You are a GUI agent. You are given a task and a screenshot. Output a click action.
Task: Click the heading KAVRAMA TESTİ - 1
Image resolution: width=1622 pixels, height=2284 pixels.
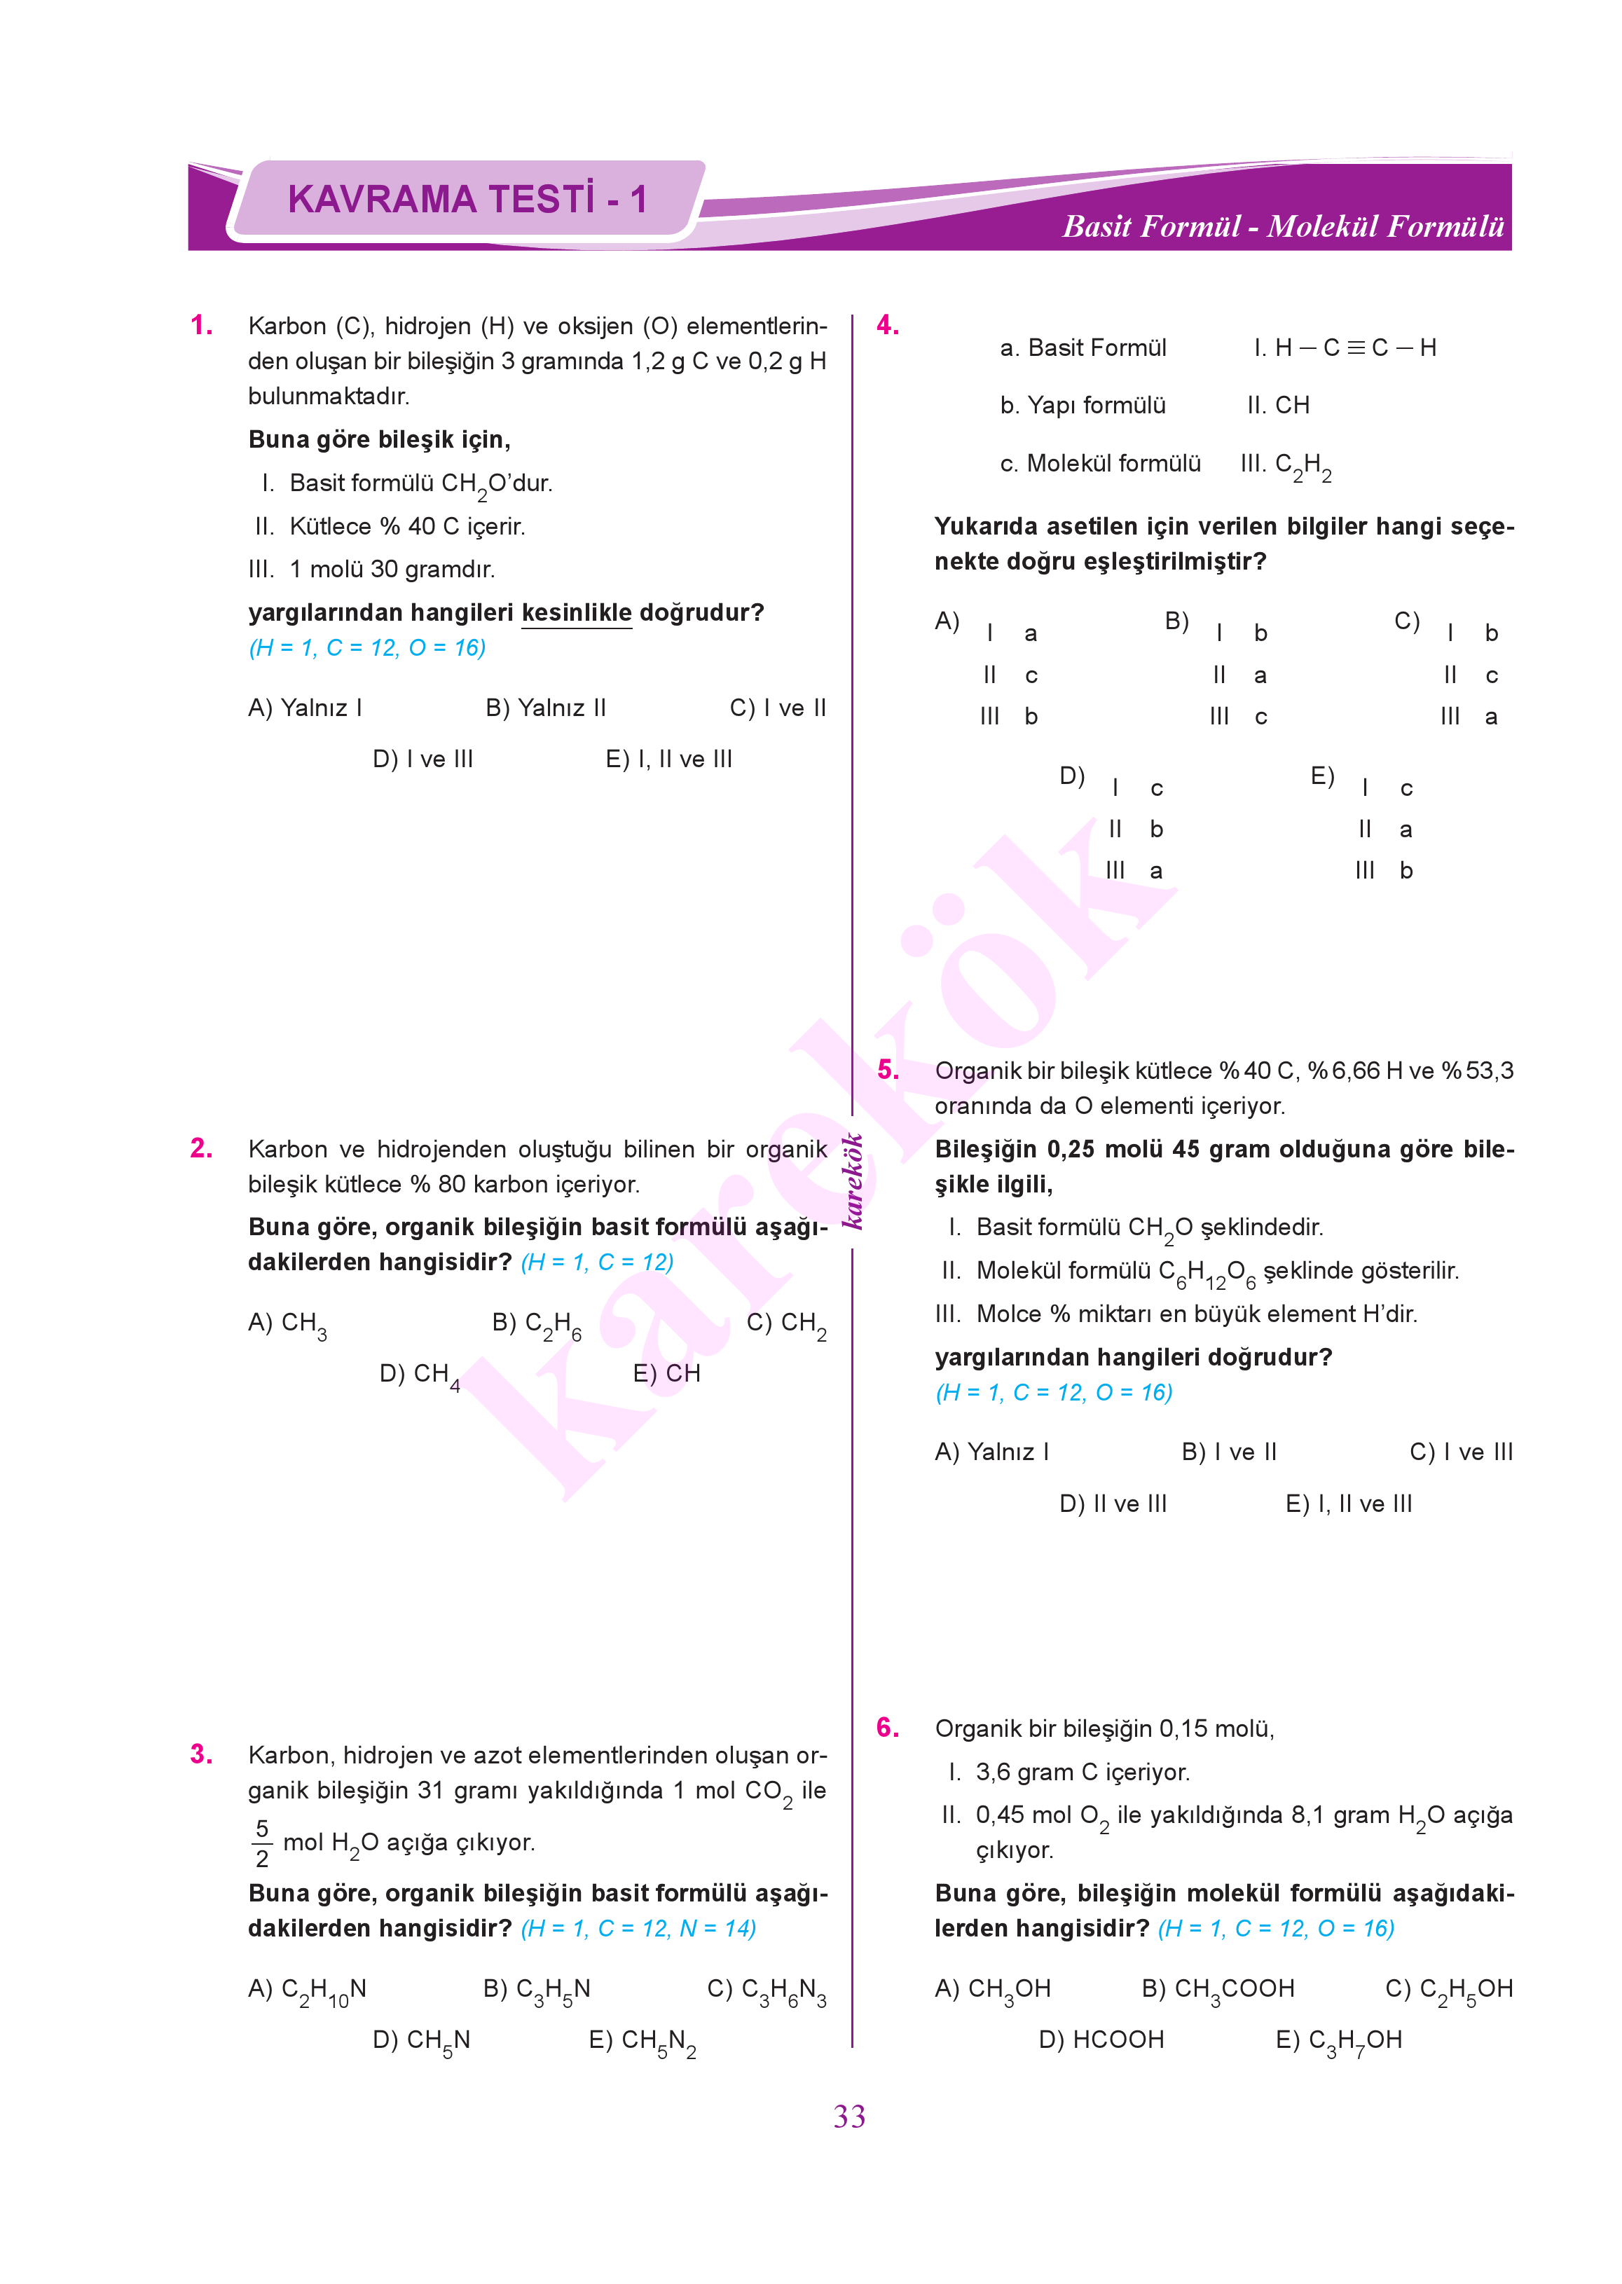click(467, 199)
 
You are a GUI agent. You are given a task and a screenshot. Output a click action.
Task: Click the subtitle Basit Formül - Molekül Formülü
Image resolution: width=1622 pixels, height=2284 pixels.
click(1282, 227)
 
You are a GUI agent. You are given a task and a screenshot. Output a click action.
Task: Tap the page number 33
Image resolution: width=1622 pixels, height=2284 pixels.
click(849, 2115)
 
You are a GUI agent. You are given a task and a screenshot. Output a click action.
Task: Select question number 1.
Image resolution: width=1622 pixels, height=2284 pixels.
click(202, 326)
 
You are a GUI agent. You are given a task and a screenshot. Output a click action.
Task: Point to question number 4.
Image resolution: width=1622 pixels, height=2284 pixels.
click(888, 326)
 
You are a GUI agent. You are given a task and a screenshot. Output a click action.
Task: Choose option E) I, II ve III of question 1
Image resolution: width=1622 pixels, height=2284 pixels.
click(668, 759)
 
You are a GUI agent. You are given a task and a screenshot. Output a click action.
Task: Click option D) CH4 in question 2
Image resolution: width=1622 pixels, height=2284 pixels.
click(420, 1375)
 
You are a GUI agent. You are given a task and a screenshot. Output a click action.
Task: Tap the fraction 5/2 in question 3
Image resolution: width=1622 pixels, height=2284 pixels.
click(261, 1843)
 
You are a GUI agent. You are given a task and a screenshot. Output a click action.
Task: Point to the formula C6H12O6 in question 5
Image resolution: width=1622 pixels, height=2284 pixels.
click(1207, 1272)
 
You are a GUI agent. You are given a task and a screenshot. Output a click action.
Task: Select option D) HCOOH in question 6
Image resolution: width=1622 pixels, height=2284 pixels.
click(1101, 2039)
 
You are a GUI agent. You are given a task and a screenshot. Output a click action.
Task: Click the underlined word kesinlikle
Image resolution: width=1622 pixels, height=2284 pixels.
click(577, 612)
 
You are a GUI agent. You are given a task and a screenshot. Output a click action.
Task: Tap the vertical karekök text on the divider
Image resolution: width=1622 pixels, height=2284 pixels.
click(852, 1181)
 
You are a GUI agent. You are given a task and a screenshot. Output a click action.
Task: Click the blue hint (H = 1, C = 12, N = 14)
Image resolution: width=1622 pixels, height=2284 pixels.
click(638, 1929)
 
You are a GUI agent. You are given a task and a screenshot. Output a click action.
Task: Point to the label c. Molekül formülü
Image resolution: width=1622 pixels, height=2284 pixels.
click(1099, 463)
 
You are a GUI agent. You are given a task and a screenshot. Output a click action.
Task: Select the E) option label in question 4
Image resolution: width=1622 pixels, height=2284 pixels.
click(1322, 776)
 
